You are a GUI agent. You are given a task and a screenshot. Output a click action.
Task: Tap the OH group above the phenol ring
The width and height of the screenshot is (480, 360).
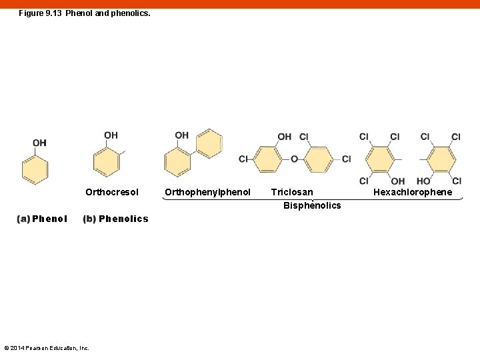coord(39,143)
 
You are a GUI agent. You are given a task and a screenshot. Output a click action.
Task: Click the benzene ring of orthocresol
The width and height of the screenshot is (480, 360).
coord(107,162)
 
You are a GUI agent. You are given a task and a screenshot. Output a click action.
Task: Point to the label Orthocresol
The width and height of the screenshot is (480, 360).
coord(112,193)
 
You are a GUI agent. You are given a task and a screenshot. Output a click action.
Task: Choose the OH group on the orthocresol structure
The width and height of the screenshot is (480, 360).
coord(111,135)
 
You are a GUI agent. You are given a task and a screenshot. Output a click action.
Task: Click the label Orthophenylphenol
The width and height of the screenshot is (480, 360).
coord(207,193)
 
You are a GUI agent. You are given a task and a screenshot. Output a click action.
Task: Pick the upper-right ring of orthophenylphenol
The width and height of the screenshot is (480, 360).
coord(209,143)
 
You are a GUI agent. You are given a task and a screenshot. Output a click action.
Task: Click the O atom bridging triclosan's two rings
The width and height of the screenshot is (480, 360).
coord(294,159)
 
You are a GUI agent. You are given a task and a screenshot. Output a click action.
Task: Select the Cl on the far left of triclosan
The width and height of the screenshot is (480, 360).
coord(243,159)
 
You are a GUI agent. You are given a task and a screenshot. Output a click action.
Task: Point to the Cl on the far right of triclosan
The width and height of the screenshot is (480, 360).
coord(346,159)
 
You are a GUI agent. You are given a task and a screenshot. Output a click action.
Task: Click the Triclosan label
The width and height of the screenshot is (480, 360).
coord(291,193)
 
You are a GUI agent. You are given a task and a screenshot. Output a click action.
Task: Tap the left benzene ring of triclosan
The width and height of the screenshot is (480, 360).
coord(269,159)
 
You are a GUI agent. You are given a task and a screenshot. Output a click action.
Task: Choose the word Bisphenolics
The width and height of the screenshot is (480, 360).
coord(311,205)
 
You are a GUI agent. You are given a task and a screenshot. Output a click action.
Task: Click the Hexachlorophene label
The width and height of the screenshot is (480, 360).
coord(412,193)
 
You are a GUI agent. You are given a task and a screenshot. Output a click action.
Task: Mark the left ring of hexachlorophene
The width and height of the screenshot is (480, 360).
coord(380,159)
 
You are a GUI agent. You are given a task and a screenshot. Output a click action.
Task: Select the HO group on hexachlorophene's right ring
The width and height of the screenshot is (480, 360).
coord(423,181)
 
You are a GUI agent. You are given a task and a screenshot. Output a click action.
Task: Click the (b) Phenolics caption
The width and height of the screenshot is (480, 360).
coord(115,219)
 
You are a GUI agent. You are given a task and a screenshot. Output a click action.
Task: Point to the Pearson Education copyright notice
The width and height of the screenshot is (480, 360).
coord(47,348)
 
